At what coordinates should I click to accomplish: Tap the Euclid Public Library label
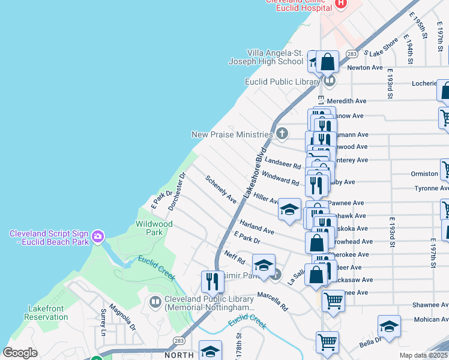point(282,82)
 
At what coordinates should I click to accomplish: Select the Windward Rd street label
point(280,178)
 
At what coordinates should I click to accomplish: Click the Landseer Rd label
point(282,163)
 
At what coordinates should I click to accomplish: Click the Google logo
point(20,353)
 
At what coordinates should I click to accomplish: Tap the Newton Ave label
point(366,68)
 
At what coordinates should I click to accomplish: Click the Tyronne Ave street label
point(431,188)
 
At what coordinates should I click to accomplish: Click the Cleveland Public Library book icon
point(155,302)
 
